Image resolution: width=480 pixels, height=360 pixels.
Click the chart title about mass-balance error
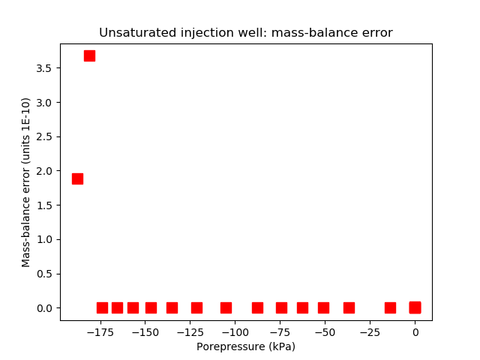tap(246, 33)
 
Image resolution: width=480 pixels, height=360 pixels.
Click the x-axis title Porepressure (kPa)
tap(246, 346)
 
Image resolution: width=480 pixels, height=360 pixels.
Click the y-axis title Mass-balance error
tap(26, 182)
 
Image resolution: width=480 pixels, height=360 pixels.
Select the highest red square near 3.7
tap(89, 55)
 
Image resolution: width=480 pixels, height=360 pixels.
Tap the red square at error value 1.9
tap(77, 178)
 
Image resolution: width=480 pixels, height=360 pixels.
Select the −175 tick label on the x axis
tap(100, 331)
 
